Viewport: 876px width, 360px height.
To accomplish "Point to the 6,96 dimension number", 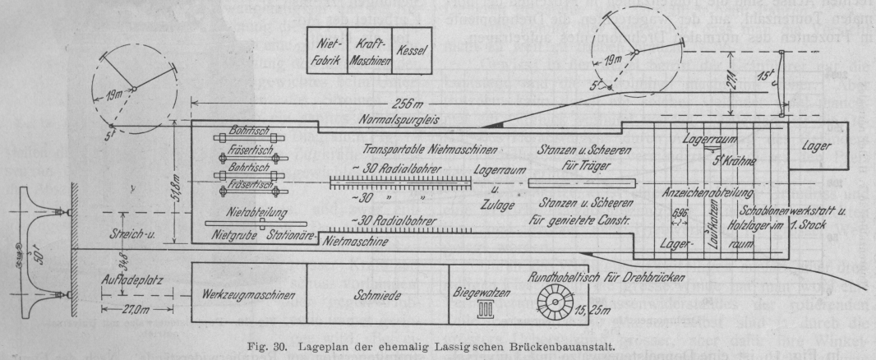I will [680, 212].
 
